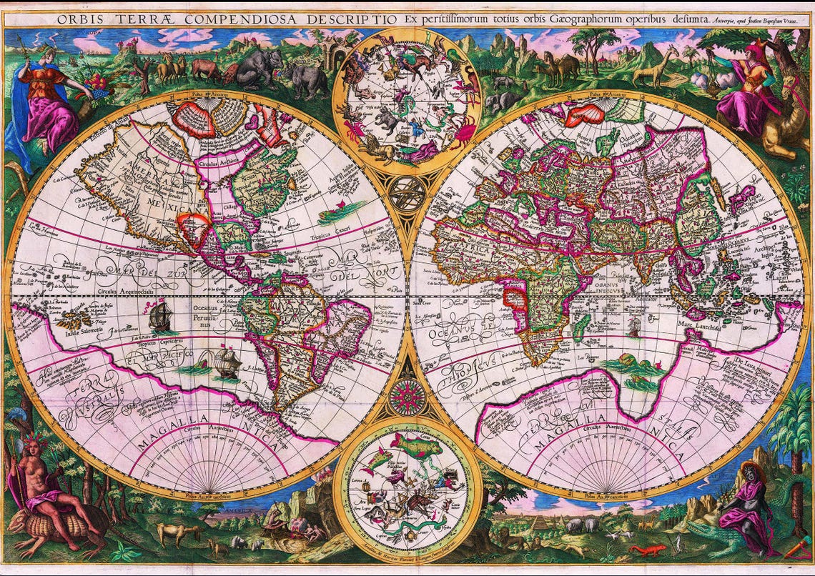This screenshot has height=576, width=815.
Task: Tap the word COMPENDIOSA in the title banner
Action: [x=236, y=19]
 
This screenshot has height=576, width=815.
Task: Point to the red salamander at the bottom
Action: [x=646, y=549]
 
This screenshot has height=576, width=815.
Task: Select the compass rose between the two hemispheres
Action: [x=407, y=394]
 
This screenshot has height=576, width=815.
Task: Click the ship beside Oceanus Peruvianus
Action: [x=162, y=315]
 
